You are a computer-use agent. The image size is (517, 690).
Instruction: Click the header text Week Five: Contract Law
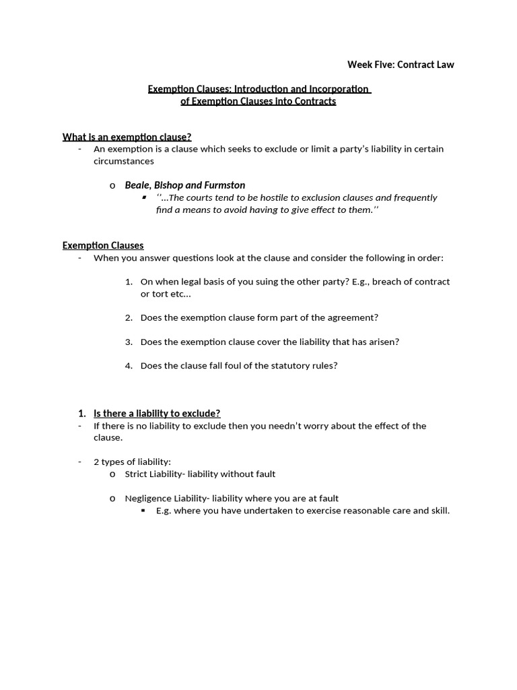(401, 65)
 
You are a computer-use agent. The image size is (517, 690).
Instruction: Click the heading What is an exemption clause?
(127, 137)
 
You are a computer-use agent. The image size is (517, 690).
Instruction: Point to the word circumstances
(124, 161)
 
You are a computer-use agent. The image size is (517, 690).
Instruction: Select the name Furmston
(223, 185)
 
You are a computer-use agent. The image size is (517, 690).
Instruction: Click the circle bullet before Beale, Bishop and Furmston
(112, 185)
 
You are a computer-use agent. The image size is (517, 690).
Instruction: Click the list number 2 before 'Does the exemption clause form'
(128, 317)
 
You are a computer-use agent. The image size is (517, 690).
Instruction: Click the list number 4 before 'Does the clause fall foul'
(128, 366)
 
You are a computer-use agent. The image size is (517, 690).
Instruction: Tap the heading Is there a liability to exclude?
(157, 413)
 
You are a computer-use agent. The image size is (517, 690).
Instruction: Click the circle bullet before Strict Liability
(112, 474)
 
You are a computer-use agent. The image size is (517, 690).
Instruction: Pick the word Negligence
(147, 499)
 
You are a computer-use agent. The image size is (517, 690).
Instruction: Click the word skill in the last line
(439, 511)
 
